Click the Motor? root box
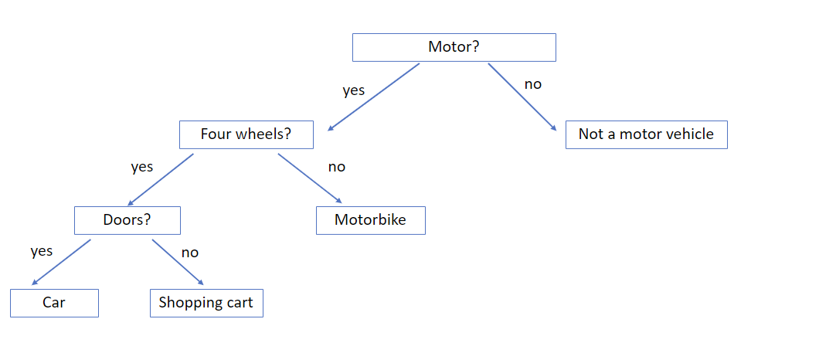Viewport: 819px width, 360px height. (454, 48)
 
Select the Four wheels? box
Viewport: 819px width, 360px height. (246, 134)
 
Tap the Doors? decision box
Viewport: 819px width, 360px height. (127, 220)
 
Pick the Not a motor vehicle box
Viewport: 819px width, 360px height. (646, 134)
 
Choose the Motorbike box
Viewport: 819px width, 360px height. (370, 220)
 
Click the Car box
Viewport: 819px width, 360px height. (54, 303)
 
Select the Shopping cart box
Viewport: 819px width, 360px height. (206, 303)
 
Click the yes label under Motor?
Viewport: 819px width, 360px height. (354, 91)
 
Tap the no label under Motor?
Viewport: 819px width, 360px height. (533, 84)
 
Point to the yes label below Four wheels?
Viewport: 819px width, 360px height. (141, 167)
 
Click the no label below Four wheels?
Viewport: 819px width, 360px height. (336, 167)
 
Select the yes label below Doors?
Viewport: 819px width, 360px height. (41, 252)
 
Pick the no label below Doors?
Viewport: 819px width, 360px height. (189, 253)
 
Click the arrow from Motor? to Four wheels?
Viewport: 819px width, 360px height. (373, 97)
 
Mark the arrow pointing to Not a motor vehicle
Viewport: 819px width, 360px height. (522, 96)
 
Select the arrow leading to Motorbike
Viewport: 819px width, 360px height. (310, 178)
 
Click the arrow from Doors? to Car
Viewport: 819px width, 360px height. (61, 263)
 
